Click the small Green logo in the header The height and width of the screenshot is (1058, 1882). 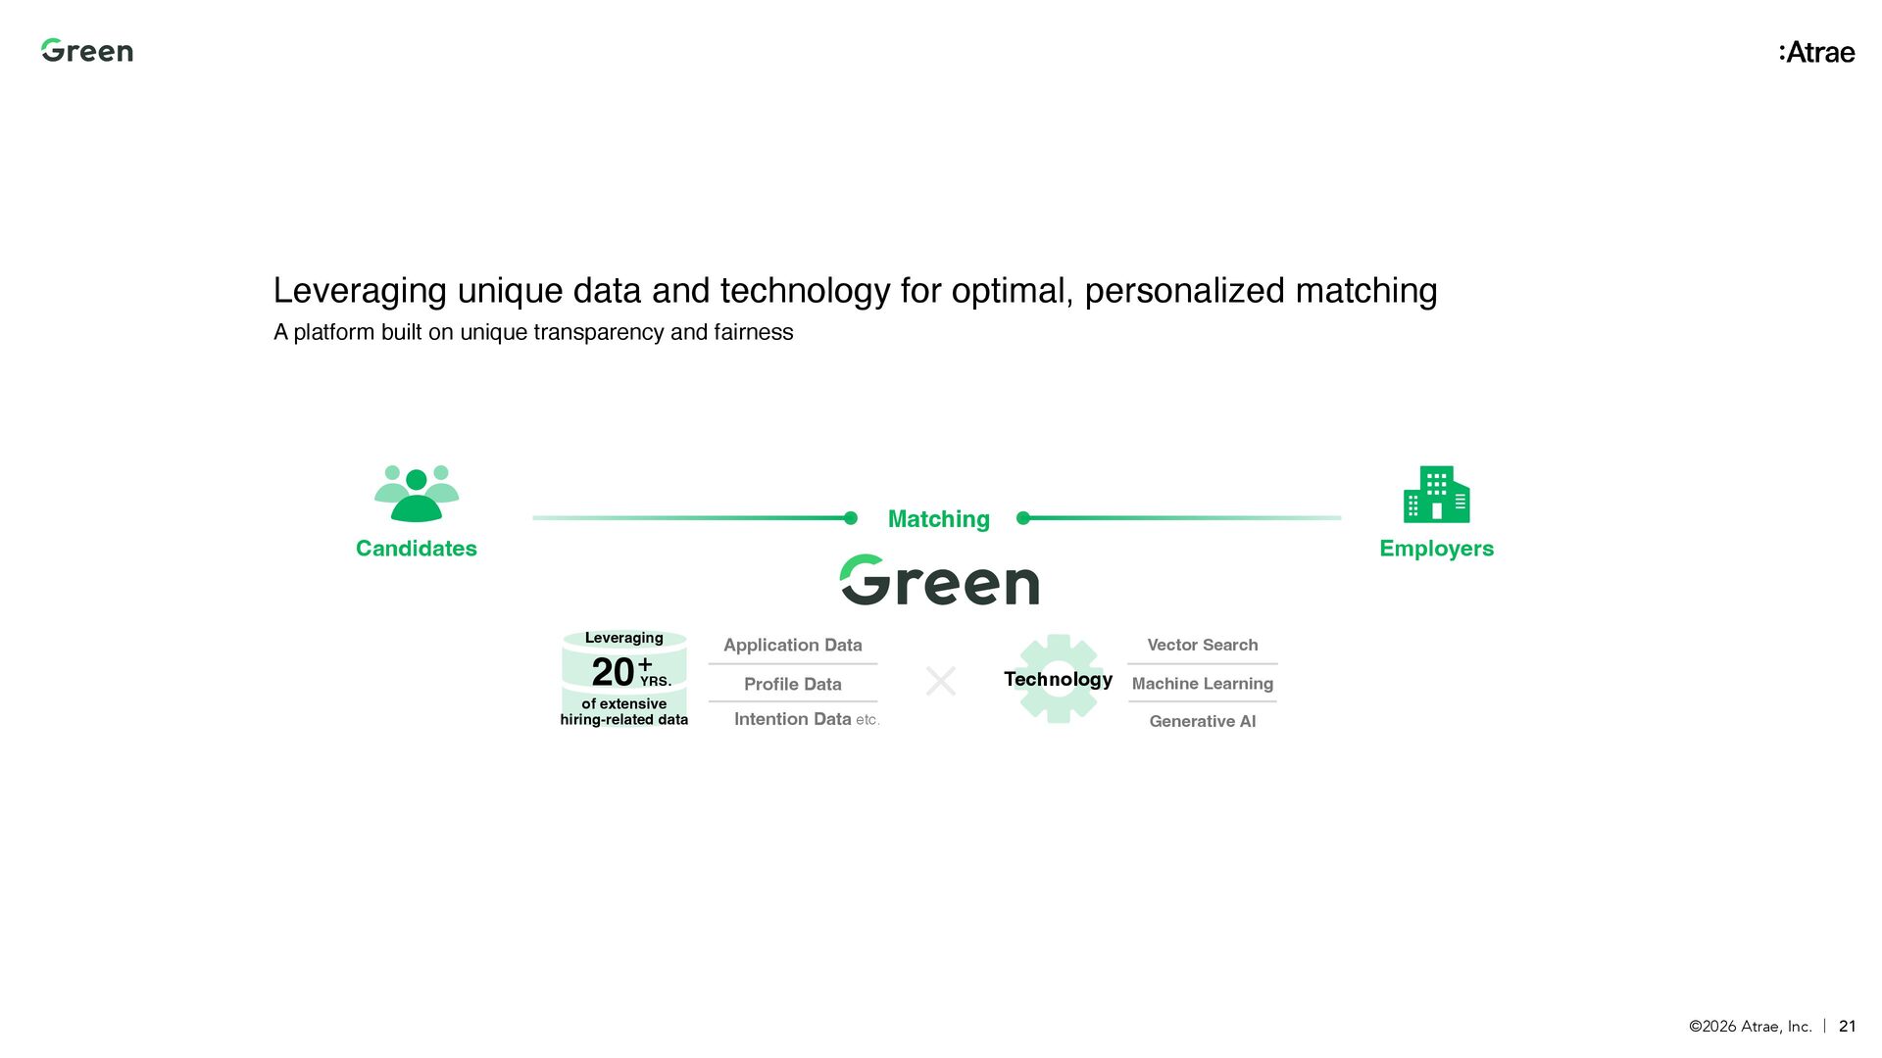point(86,51)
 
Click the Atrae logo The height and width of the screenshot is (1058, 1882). point(1816,53)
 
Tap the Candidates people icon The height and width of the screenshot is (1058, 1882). point(417,494)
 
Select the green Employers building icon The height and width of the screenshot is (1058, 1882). point(1436,495)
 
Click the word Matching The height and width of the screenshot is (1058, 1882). point(938,519)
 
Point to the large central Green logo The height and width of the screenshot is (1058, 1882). point(939,581)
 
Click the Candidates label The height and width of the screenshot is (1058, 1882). point(417,549)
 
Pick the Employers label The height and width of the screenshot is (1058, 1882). point(1436,549)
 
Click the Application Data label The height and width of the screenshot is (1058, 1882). point(792,645)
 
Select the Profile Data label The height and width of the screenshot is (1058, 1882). point(792,684)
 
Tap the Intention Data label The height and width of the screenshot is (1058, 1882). point(792,719)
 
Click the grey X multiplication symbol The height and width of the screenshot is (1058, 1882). point(941,681)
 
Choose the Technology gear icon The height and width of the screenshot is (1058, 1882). point(1058,679)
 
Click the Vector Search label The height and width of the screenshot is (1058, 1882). point(1202,645)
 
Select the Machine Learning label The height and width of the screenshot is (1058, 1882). point(1202,684)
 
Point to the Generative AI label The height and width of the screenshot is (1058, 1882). point(1202,721)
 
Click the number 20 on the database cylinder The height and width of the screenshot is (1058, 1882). point(613,672)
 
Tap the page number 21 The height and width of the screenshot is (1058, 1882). point(1847,1026)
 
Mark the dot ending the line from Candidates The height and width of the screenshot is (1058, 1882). point(851,518)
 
